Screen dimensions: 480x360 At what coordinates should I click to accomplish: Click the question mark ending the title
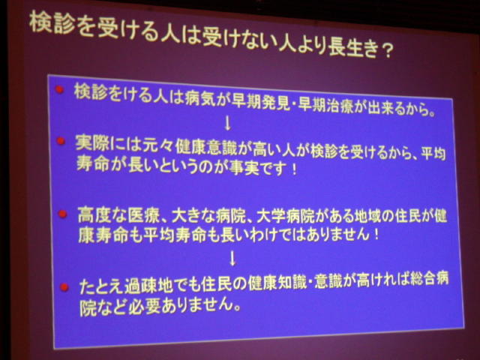tap(387, 51)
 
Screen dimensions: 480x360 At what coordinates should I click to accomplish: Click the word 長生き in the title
tap(352, 48)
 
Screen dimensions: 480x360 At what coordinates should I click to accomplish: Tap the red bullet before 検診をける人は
tap(60, 89)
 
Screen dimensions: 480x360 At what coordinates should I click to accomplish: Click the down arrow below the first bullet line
tap(227, 123)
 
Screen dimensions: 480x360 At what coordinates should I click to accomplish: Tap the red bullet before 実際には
tap(61, 140)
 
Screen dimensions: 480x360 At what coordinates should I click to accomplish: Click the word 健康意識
tap(206, 148)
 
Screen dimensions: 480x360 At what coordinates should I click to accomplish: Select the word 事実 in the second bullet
tap(245, 168)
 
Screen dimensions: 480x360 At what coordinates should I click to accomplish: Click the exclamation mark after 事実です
tap(295, 169)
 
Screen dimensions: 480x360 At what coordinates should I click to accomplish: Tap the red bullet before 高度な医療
tap(62, 213)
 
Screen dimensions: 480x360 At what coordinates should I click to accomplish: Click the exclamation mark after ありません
tap(376, 235)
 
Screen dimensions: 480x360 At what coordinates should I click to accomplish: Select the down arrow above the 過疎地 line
tap(233, 258)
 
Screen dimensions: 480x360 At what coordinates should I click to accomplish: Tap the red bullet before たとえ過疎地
tap(64, 287)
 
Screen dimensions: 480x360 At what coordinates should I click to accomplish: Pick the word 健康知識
tap(278, 283)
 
